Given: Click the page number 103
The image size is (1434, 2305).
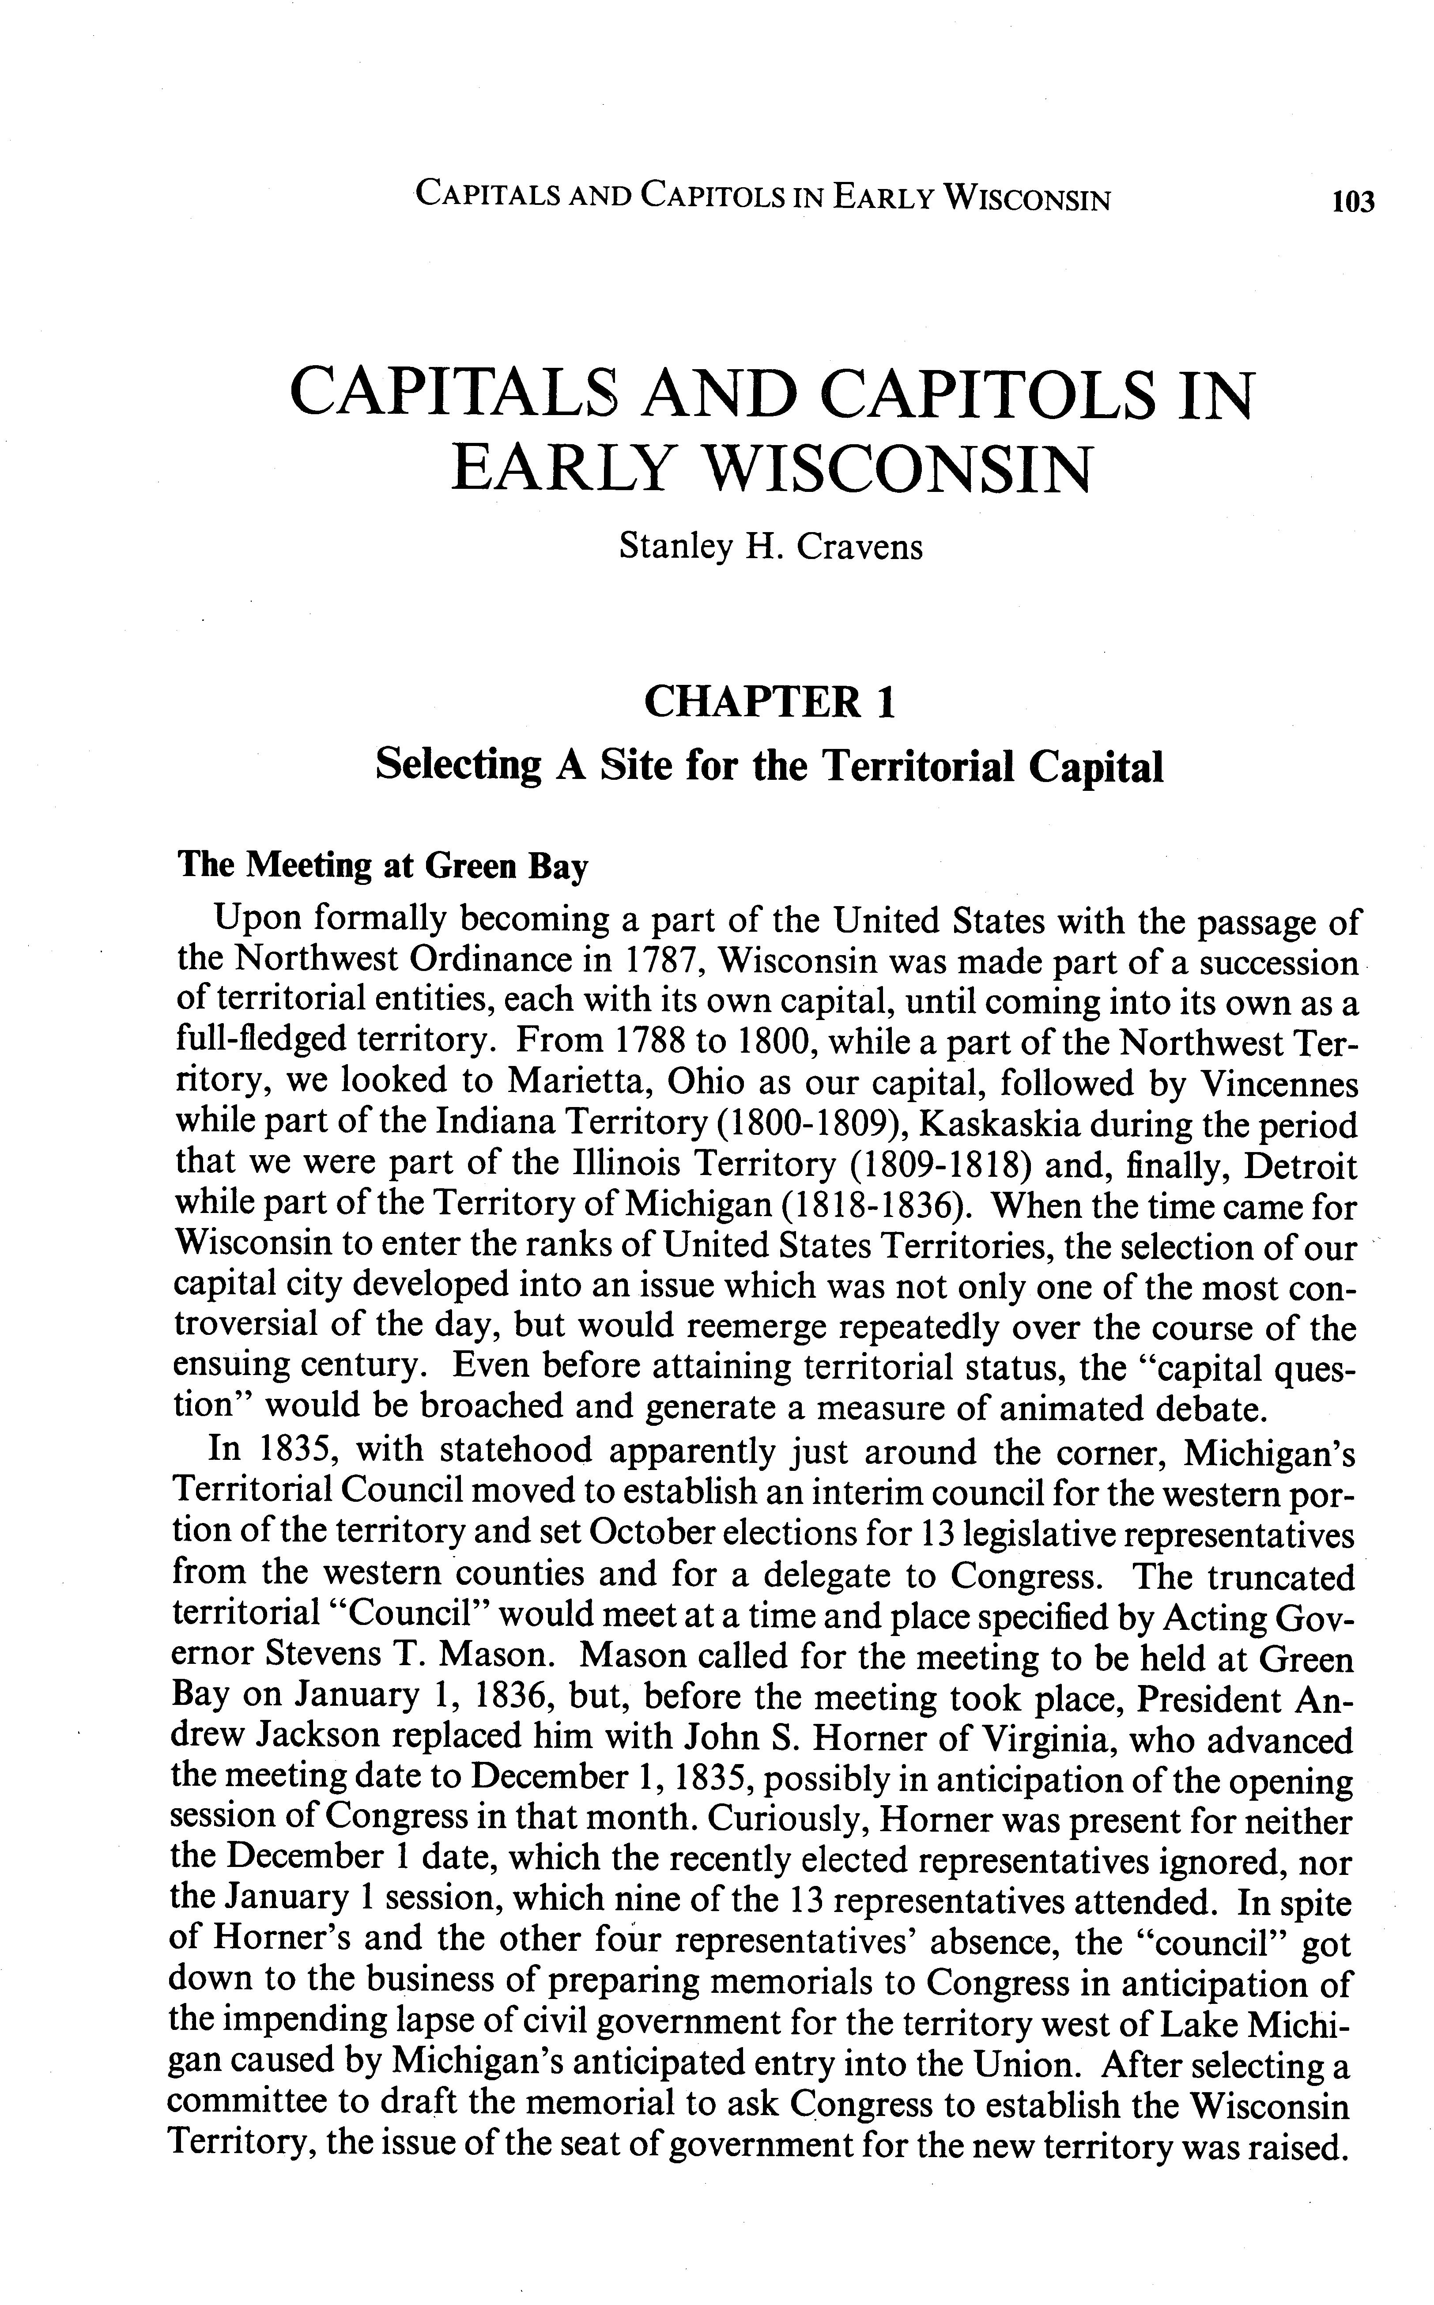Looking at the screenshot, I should point(1352,202).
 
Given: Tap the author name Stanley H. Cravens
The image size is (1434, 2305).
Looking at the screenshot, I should point(770,546).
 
